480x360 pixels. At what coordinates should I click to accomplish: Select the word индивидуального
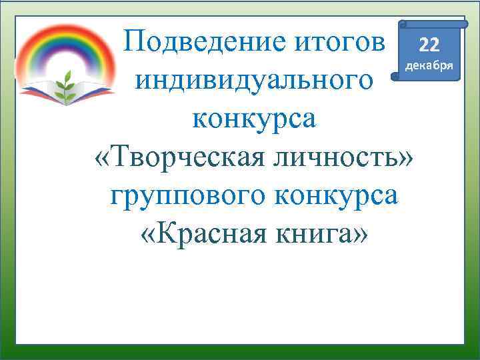pyautogui.click(x=253, y=82)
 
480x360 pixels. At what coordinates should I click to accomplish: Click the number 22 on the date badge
pyautogui.click(x=429, y=45)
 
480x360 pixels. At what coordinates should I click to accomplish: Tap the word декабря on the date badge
pyautogui.click(x=429, y=66)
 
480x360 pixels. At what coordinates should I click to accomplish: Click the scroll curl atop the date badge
pyautogui.click(x=403, y=24)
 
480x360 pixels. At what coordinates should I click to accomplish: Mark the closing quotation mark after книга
pyautogui.click(x=360, y=236)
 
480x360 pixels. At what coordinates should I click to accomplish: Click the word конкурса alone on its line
pyautogui.click(x=254, y=120)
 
